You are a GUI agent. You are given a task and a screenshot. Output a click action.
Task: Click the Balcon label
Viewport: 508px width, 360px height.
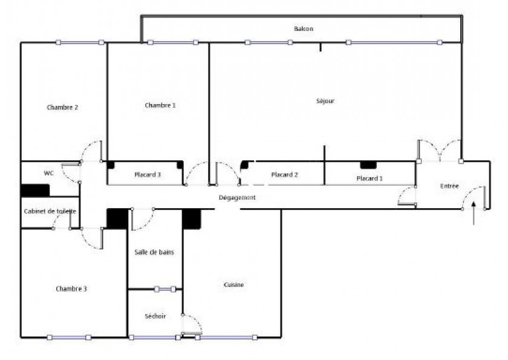coord(304,29)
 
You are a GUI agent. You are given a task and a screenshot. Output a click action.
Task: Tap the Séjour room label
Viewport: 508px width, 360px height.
coord(325,101)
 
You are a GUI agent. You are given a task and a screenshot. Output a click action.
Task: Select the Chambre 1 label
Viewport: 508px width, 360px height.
coord(160,105)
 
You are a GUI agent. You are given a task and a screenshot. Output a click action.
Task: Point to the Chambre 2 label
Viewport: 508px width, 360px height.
coord(62,107)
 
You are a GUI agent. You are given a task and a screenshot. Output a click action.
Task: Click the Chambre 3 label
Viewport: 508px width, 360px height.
coord(71,289)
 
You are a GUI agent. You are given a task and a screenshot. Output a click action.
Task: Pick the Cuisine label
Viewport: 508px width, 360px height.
coord(234,285)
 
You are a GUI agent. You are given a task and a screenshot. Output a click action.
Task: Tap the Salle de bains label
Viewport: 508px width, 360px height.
coord(154,252)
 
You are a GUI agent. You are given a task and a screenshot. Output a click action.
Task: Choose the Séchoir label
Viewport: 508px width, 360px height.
coord(155,316)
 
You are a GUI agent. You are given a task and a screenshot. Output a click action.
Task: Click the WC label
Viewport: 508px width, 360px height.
coord(49,173)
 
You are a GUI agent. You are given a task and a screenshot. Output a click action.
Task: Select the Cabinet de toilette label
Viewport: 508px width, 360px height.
coord(50,211)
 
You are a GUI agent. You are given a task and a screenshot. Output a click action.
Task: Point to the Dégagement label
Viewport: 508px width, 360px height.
coord(237,197)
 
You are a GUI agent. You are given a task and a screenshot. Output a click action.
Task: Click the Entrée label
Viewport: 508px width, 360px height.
coord(449,186)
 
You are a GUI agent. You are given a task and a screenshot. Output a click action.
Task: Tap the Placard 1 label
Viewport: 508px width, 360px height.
coord(370,178)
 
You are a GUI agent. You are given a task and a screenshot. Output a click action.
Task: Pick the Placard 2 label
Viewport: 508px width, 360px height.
coord(284,175)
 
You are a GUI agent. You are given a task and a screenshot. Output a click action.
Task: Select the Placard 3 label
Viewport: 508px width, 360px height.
coord(147,175)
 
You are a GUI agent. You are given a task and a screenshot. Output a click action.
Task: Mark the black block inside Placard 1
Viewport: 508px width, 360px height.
coord(368,165)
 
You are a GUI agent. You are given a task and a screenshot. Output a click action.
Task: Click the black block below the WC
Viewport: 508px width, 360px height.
coord(35,191)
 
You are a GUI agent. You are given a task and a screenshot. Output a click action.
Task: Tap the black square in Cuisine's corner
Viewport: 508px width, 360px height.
coord(192,219)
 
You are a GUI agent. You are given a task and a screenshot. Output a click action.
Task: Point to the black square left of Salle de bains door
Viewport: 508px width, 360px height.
coord(117,218)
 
